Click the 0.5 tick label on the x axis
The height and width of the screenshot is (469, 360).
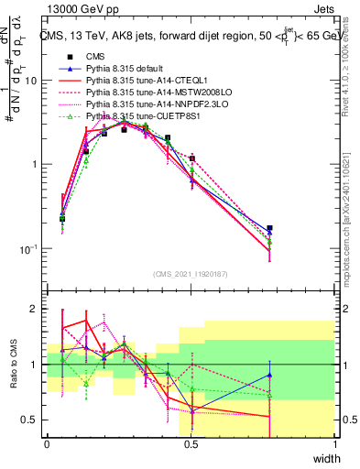(x=191, y=444)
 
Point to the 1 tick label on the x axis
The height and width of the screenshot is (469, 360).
(x=336, y=444)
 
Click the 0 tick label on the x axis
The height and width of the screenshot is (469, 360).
(x=48, y=444)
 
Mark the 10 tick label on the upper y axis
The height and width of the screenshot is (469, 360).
(x=31, y=81)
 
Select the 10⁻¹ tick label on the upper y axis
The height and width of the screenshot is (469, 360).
(x=27, y=249)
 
